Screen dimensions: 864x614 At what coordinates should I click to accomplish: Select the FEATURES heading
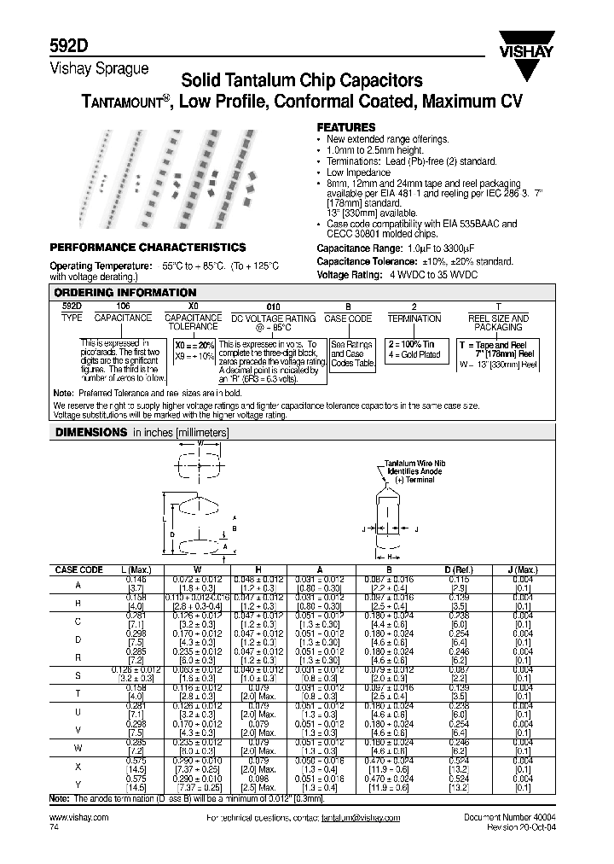(346, 126)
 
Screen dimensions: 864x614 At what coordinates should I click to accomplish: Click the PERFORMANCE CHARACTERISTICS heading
(148, 247)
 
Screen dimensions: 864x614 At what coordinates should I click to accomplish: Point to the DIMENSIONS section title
(91, 433)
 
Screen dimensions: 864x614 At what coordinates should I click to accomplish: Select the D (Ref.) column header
(460, 569)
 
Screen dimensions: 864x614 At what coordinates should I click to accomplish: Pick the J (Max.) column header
(527, 569)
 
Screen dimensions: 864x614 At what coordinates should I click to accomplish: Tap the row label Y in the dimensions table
(78, 782)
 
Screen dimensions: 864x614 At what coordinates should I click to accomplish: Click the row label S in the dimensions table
(78, 675)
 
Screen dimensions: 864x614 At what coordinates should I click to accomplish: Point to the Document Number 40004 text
(509, 817)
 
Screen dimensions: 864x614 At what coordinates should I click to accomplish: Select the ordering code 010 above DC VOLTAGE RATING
(273, 305)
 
